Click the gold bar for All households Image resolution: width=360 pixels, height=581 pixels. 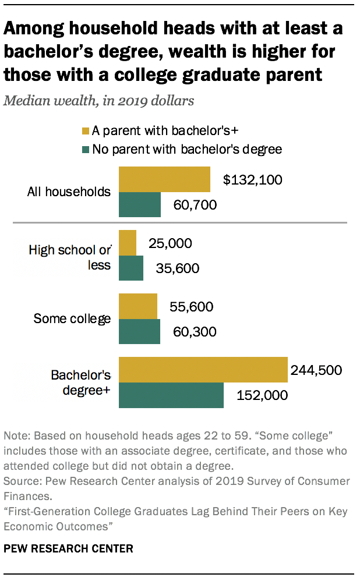164,179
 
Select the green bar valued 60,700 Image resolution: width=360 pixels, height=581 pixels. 140,204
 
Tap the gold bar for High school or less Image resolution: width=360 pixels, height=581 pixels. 128,243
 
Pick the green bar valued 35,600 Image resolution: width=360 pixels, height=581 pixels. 131,268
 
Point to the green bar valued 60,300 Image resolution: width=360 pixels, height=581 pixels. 140,332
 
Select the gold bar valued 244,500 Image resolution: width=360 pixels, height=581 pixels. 203,370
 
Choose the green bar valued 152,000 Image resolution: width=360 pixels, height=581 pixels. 171,395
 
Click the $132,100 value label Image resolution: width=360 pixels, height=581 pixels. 252,179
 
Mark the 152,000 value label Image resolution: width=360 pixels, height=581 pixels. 262,395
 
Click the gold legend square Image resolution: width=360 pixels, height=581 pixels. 86,132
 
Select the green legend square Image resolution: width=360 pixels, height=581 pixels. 86,150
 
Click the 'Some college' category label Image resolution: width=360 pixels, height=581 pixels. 72,318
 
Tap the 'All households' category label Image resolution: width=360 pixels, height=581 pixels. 69,192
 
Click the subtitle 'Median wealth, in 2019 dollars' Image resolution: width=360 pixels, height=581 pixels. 98,100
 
